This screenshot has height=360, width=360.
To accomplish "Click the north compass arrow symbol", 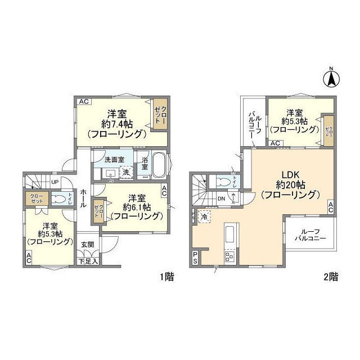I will pyautogui.click(x=331, y=78).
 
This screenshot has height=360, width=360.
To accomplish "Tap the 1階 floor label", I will pyautogui.click(x=166, y=276).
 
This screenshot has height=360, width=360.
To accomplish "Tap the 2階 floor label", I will pyautogui.click(x=331, y=276).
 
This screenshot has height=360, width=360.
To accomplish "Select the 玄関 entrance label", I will pyautogui.click(x=87, y=245).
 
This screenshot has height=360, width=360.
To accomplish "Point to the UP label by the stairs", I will pyautogui.click(x=55, y=182).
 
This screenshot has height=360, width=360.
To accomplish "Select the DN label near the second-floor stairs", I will pyautogui.click(x=222, y=199).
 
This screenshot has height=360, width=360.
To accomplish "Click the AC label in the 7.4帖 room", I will pyautogui.click(x=83, y=101).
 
